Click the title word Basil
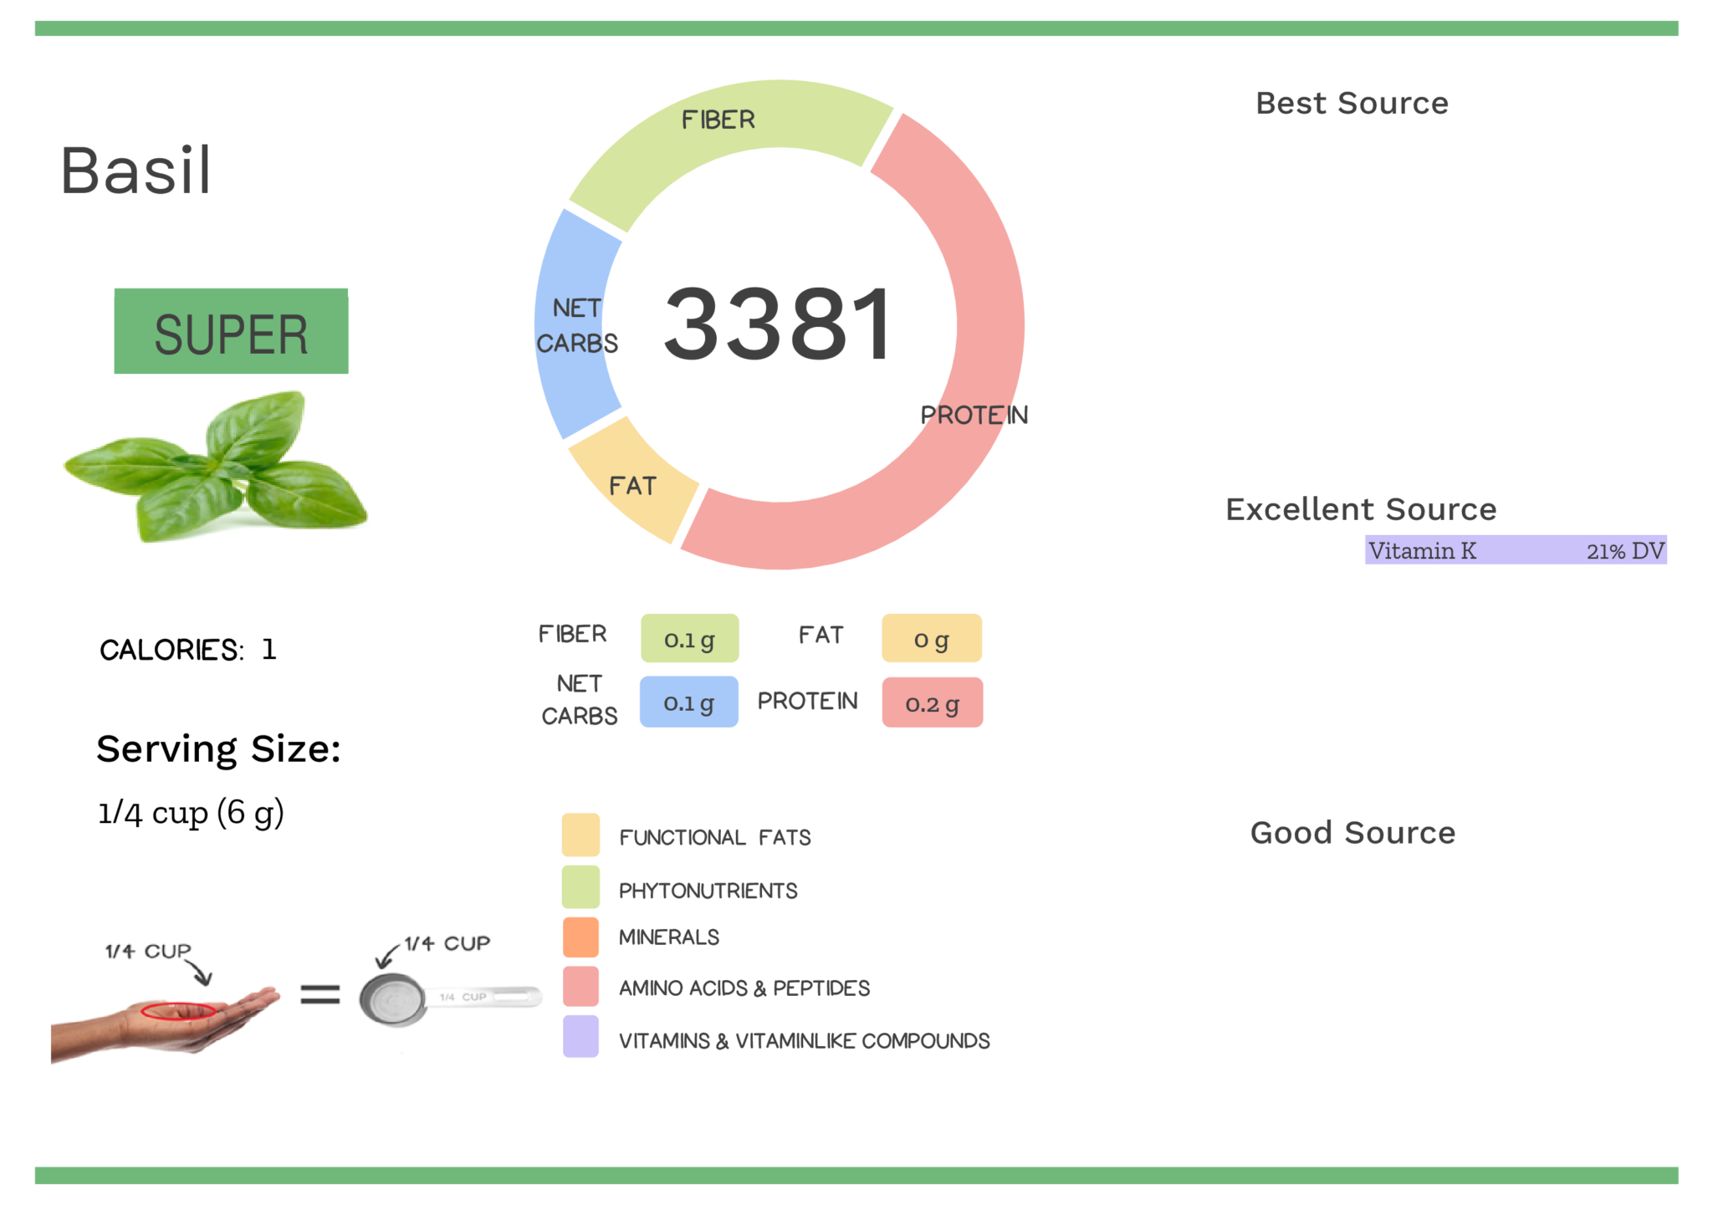point(136,171)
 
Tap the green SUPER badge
point(231,331)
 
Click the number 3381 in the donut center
point(778,324)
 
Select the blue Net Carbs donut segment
point(574,326)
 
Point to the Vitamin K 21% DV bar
point(1515,550)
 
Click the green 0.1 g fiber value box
point(689,639)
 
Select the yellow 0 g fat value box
point(931,639)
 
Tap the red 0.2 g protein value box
point(932,702)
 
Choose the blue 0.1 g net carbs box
point(688,702)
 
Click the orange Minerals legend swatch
point(580,937)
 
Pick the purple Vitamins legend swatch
point(580,1037)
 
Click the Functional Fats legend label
point(714,837)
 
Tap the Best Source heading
point(1352,103)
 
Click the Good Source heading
point(1353,833)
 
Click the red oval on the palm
point(178,1011)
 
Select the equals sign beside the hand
point(320,994)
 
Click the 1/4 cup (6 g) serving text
point(191,813)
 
